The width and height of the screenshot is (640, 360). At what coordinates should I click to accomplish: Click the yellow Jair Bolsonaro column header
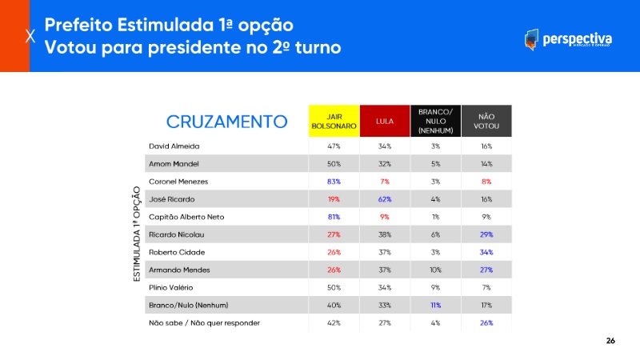click(x=334, y=121)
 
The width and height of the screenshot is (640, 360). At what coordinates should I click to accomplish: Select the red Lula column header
click(x=384, y=121)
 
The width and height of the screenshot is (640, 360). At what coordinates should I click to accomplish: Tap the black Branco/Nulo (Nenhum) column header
click(x=435, y=121)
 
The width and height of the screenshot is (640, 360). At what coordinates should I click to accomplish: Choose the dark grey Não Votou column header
click(x=486, y=121)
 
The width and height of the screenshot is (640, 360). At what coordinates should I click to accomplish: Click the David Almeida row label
click(x=174, y=146)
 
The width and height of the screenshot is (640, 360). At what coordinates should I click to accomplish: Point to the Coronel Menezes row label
click(x=180, y=182)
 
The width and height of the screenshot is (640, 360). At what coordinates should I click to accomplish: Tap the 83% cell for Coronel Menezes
click(x=334, y=182)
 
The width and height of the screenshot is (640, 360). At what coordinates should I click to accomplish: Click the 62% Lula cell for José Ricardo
click(x=384, y=199)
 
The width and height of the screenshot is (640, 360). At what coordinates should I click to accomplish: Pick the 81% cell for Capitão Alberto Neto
click(x=334, y=217)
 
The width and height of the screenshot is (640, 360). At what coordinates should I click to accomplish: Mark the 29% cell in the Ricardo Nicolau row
click(x=486, y=234)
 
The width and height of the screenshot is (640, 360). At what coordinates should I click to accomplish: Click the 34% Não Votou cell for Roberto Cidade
click(x=486, y=252)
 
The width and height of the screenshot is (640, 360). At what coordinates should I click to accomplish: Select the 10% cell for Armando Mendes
click(x=435, y=270)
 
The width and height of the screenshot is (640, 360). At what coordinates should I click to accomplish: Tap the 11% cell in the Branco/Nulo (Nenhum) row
click(x=435, y=305)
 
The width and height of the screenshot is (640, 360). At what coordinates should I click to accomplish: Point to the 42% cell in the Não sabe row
click(x=334, y=322)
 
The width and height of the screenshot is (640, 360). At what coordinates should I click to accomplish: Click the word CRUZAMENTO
click(x=226, y=122)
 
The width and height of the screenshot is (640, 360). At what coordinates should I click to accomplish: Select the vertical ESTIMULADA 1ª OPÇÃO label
click(x=138, y=234)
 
